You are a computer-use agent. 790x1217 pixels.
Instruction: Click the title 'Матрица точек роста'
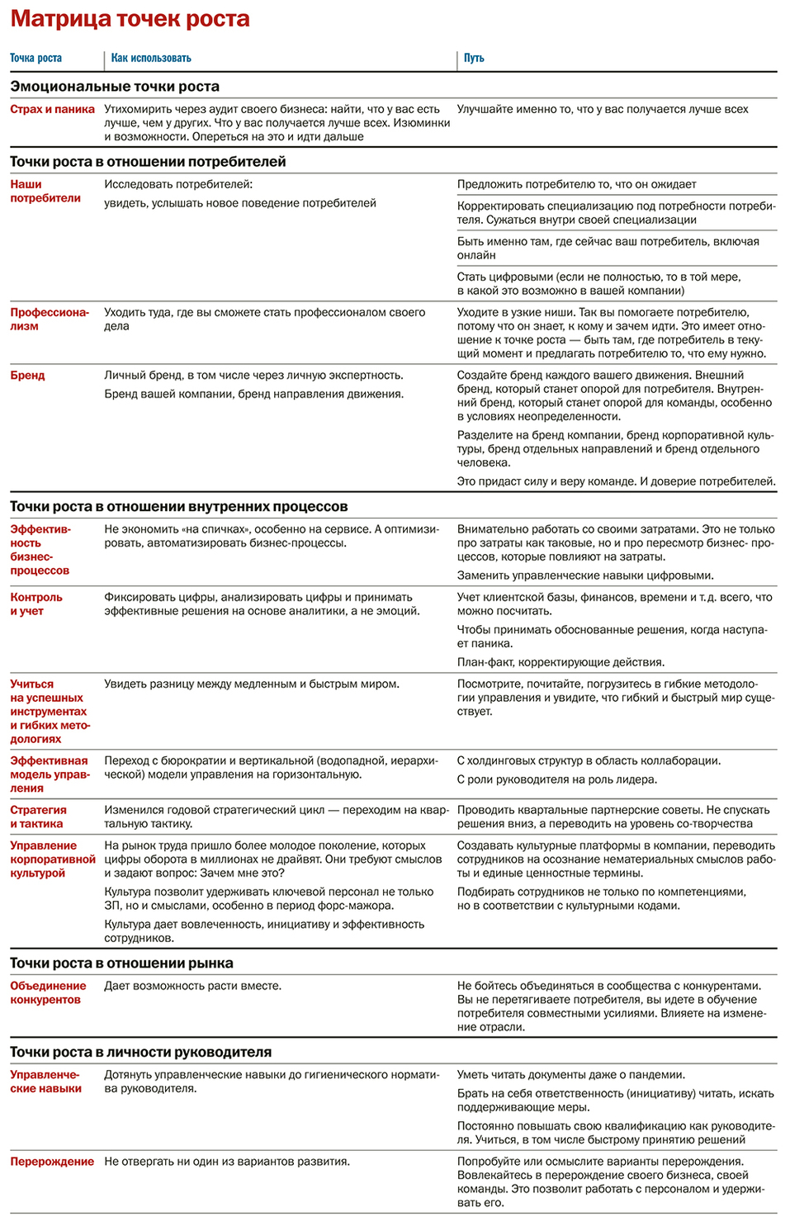130,19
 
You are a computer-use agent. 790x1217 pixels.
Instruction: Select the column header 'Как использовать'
151,58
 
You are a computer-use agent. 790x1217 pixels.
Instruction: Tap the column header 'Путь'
474,58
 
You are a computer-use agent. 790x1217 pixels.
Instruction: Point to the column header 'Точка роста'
35,58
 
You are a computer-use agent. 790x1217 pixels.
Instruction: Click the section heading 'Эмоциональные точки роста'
115,87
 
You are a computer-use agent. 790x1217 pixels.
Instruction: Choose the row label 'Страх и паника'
52,109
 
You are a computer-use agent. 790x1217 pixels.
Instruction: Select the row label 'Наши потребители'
45,191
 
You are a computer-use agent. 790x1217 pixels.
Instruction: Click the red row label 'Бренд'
27,376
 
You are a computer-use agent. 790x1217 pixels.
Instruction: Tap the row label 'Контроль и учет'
36,604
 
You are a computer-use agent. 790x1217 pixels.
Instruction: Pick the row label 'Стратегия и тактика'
38,817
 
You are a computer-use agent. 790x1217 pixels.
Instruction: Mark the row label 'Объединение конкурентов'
48,992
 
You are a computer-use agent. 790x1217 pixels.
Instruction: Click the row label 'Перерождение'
52,1161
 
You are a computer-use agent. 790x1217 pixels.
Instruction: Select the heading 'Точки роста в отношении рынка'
121,964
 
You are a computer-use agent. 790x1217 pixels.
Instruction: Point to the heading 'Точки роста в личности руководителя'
140,1052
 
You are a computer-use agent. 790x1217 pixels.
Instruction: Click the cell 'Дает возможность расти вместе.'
192,986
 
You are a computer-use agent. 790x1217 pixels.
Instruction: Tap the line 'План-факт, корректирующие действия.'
561,662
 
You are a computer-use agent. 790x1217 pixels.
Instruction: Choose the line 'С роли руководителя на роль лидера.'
557,779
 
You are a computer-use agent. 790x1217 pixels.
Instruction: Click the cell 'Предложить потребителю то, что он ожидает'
576,184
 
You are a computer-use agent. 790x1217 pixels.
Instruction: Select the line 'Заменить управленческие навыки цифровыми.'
585,575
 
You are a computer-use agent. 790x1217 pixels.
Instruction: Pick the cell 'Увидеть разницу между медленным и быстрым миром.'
252,684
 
